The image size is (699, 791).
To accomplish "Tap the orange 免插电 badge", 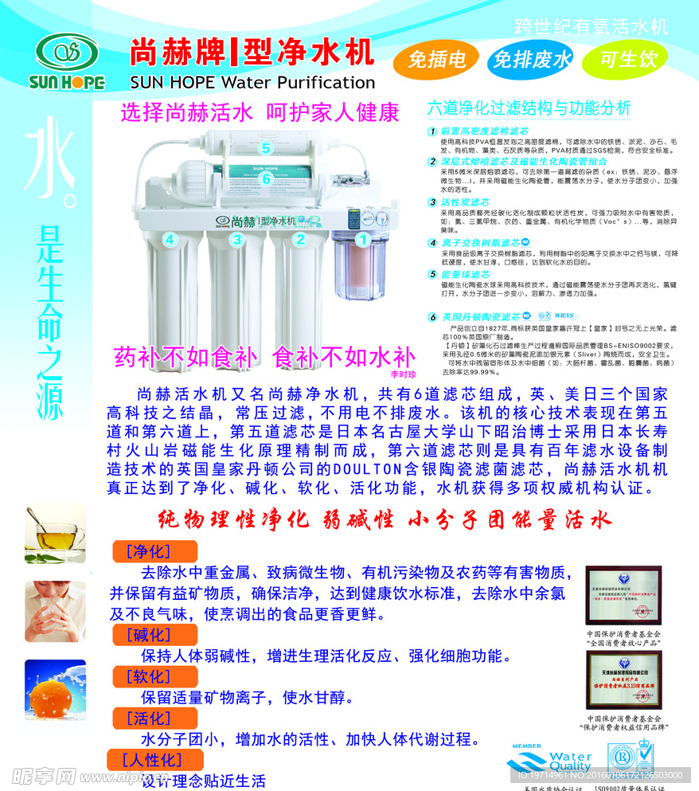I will click(x=436, y=60).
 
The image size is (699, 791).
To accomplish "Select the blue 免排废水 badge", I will click(x=531, y=60).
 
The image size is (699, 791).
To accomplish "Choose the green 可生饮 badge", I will click(x=628, y=60).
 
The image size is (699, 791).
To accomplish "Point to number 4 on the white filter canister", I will click(x=169, y=238).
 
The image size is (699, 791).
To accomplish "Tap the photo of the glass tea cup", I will click(x=54, y=530).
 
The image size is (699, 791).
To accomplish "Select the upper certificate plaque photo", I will click(x=623, y=596).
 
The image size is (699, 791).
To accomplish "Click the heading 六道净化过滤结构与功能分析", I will click(x=529, y=108).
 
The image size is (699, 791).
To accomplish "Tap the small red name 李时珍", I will click(x=404, y=371).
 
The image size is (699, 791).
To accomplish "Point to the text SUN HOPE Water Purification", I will click(x=252, y=82).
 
